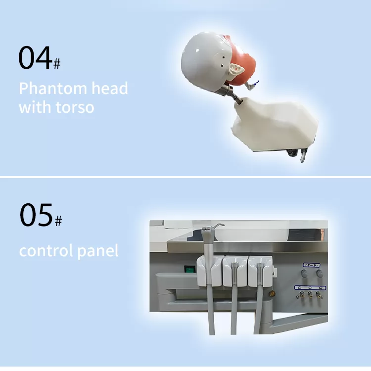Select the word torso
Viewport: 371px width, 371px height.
(x=75, y=107)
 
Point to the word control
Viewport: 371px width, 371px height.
(x=46, y=250)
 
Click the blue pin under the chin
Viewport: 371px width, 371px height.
(x=256, y=82)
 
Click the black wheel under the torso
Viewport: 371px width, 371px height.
(x=293, y=152)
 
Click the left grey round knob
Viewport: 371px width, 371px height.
(x=304, y=273)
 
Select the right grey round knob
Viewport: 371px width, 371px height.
(x=320, y=273)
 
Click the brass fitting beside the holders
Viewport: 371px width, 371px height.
(x=272, y=294)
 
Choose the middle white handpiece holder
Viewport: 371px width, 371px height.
(x=235, y=271)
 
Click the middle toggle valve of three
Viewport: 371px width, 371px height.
(x=310, y=295)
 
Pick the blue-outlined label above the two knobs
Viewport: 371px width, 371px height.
(x=311, y=265)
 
